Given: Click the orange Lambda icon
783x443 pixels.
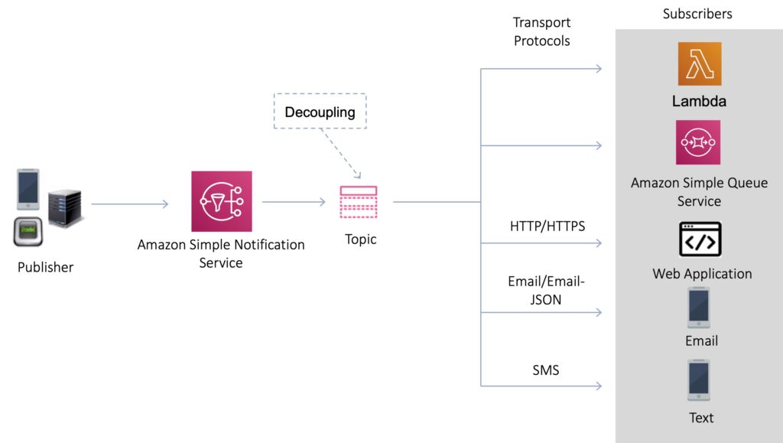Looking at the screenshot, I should click(699, 64).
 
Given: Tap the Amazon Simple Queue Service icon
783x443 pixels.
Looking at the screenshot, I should click(699, 142).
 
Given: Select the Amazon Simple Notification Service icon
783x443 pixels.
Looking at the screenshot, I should click(221, 201).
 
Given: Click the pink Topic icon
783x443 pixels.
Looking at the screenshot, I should click(358, 202).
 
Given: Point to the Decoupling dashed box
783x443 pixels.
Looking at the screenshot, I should click(320, 112).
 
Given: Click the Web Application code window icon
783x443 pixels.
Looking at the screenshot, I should click(700, 239).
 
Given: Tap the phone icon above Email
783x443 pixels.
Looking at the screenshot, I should click(699, 308).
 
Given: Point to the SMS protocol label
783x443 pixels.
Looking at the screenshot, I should click(545, 370).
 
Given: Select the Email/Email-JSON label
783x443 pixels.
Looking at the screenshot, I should click(545, 291).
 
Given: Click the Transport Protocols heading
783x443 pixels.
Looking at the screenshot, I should click(541, 31).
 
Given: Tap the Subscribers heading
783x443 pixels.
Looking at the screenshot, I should click(697, 14).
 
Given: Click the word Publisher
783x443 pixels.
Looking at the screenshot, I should click(46, 267).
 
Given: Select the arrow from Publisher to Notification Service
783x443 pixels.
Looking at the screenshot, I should click(129, 204).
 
